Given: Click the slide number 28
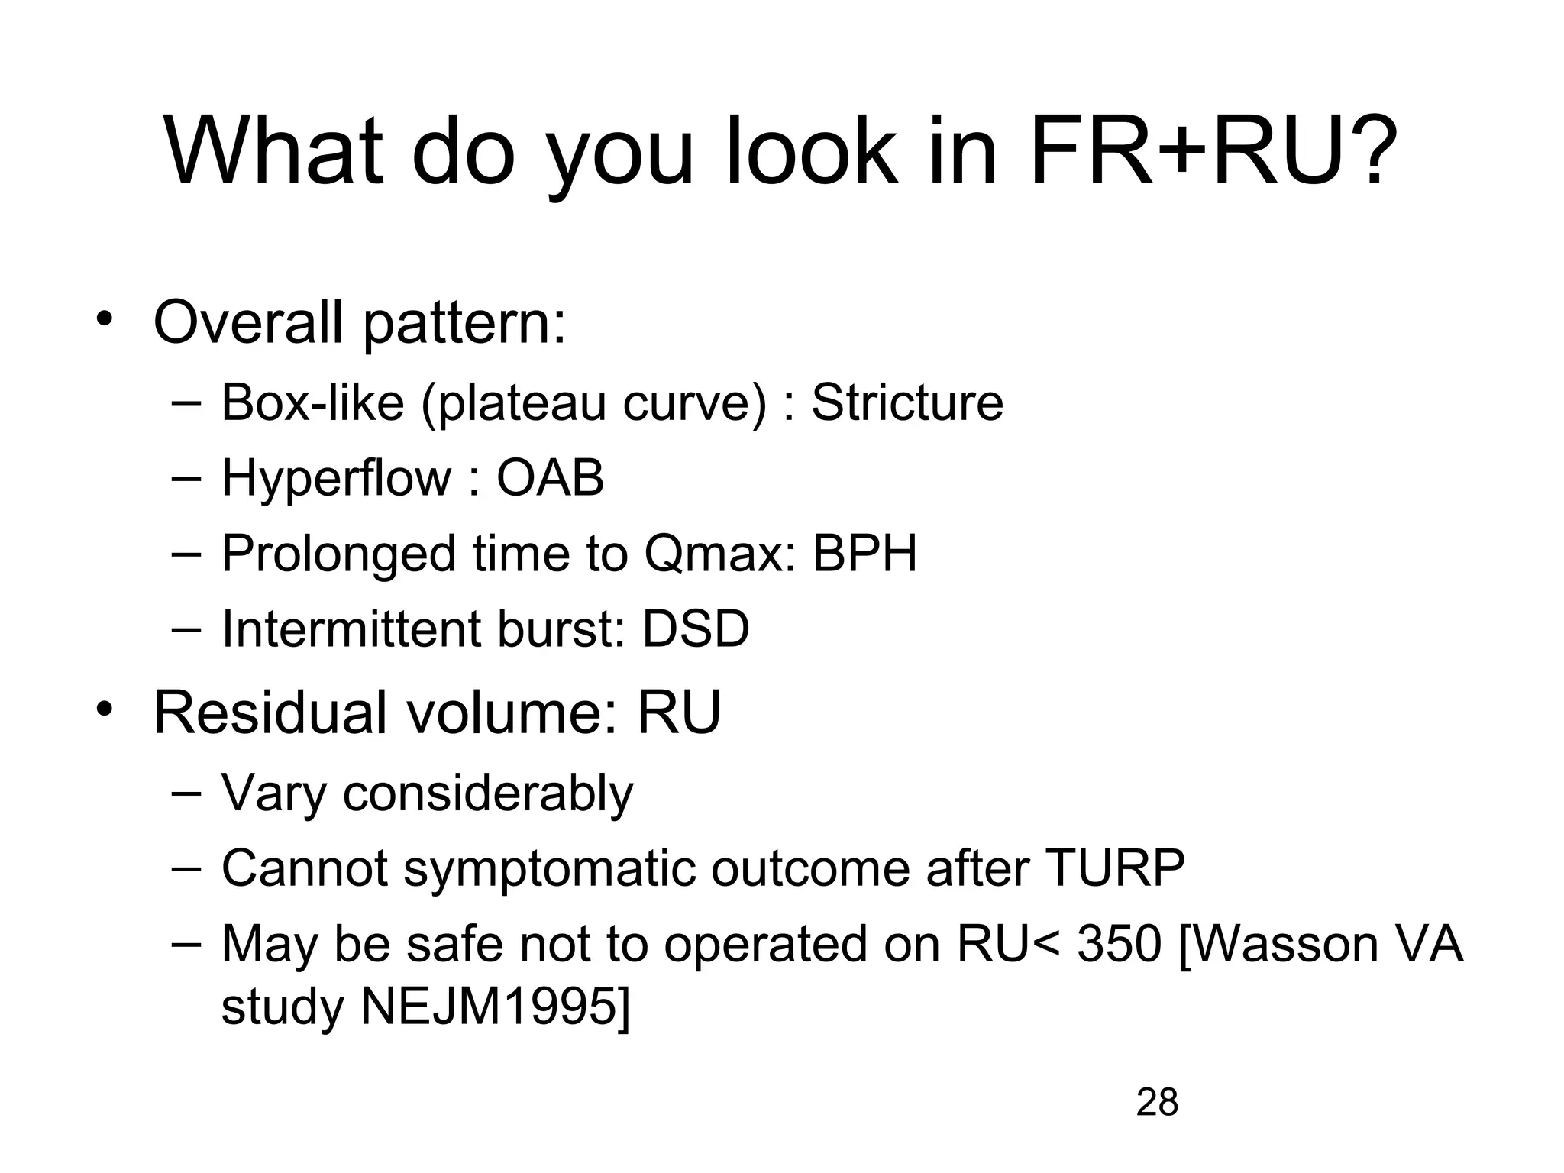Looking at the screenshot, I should point(1157,1103).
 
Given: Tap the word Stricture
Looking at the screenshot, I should point(907,402).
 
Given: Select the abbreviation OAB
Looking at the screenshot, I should point(550,478).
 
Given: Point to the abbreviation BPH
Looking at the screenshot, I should point(864,553).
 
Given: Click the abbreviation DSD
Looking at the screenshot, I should point(696,629).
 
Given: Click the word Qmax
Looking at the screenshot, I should point(714,554).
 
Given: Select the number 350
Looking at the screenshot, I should point(1120,944).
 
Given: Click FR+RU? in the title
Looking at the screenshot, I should point(1213,150).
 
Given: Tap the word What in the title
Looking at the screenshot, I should point(273,150).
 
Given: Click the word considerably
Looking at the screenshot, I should point(488,794).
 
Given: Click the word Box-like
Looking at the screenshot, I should point(312,402).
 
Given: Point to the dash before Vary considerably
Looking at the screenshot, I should point(186,793).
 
